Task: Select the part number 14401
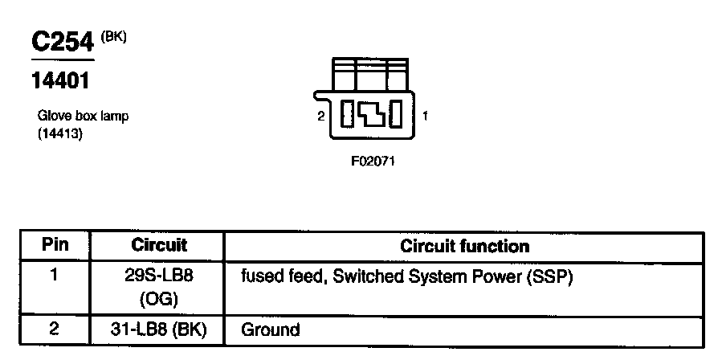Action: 59,81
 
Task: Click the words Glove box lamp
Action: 83,116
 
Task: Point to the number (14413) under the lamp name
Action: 60,134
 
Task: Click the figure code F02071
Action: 373,161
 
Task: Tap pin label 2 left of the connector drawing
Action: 321,116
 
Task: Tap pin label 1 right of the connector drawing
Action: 425,116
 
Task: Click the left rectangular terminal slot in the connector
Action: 347,114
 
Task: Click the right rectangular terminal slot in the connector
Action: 396,114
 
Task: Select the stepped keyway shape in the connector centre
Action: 371,114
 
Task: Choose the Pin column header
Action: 55,245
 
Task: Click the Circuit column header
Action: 158,245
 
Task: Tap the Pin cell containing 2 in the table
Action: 55,328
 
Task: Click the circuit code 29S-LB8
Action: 159,276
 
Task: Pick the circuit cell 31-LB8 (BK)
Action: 159,329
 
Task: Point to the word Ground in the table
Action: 271,329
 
